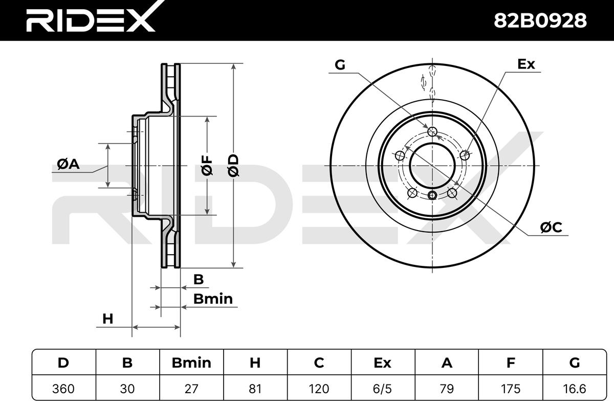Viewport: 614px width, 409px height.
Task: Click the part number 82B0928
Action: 540,21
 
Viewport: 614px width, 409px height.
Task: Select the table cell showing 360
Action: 63,389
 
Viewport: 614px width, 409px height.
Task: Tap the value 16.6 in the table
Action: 575,389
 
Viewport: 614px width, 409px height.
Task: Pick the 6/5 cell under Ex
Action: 383,389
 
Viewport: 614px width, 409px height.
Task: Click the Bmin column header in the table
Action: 191,362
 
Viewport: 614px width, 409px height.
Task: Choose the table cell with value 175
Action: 511,389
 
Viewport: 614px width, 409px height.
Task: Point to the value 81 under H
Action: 255,389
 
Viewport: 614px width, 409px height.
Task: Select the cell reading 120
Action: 319,389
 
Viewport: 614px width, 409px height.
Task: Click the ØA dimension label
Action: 68,164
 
